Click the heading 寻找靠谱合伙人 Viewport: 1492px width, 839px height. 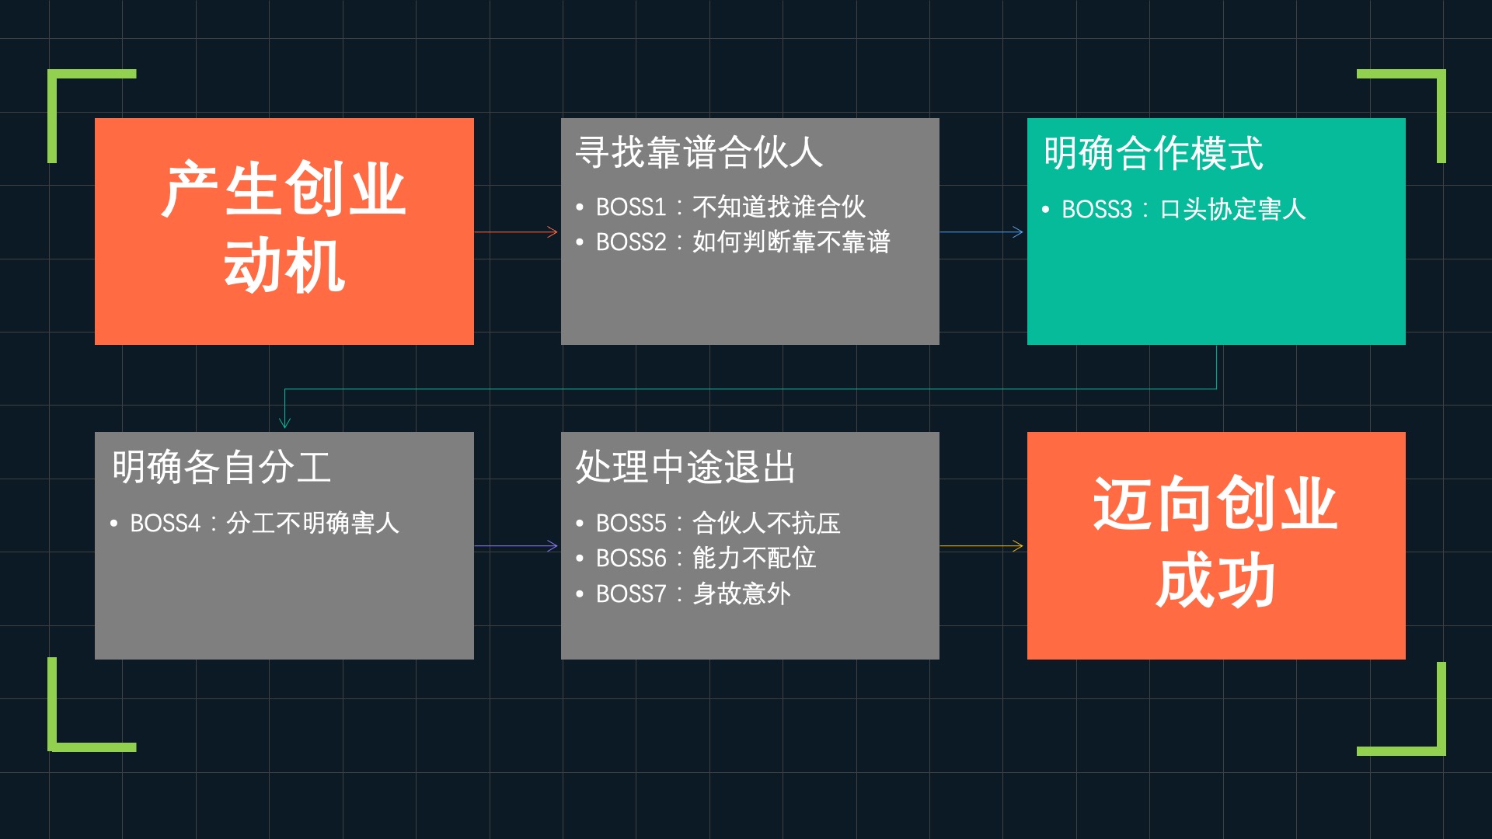(699, 152)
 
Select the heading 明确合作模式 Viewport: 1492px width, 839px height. (1153, 153)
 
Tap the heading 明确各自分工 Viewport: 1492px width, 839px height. (221, 467)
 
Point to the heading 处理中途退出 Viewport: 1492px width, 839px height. (685, 467)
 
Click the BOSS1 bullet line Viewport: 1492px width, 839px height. (730, 207)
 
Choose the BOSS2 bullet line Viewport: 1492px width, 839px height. (742, 242)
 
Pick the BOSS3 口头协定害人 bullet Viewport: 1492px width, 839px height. (1183, 210)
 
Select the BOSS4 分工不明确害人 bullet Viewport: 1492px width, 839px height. (264, 524)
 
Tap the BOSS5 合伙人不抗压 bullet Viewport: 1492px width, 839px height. (717, 524)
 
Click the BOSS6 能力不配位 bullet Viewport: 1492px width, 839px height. (705, 559)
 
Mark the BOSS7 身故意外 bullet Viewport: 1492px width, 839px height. (692, 594)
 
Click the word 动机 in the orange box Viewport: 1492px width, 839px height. (284, 266)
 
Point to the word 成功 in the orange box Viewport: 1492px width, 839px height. (1215, 580)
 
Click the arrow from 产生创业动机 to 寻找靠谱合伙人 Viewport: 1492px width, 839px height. (517, 232)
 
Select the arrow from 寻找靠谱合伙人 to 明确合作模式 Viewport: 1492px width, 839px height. (982, 232)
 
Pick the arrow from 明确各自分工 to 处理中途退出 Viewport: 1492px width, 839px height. (517, 546)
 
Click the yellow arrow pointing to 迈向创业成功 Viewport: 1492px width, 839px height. (982, 546)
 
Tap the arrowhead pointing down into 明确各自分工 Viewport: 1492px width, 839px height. (284, 422)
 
